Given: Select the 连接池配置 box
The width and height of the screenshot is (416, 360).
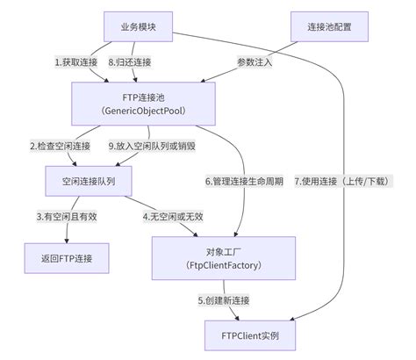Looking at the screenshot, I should [325, 26].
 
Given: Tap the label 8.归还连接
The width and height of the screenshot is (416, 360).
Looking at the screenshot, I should [130, 62].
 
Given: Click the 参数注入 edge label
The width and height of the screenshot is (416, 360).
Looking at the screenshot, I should [255, 62].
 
